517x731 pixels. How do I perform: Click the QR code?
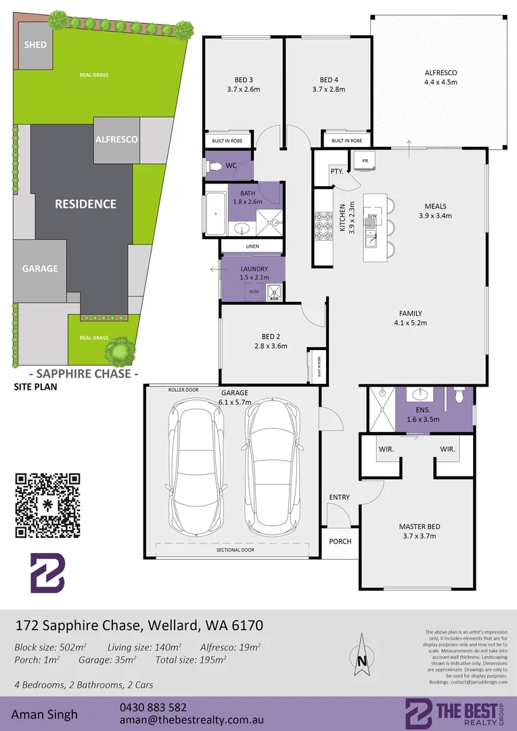47,505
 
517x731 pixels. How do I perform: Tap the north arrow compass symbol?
362,652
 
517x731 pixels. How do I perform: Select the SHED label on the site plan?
35,45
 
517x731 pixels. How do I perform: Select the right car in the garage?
272,463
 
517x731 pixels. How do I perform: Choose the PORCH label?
340,541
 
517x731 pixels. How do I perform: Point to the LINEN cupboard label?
252,246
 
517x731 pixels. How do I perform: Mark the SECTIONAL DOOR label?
235,550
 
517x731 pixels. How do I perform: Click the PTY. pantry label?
336,171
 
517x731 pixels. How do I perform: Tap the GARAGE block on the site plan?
41,269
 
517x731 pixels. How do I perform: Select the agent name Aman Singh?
44,714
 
